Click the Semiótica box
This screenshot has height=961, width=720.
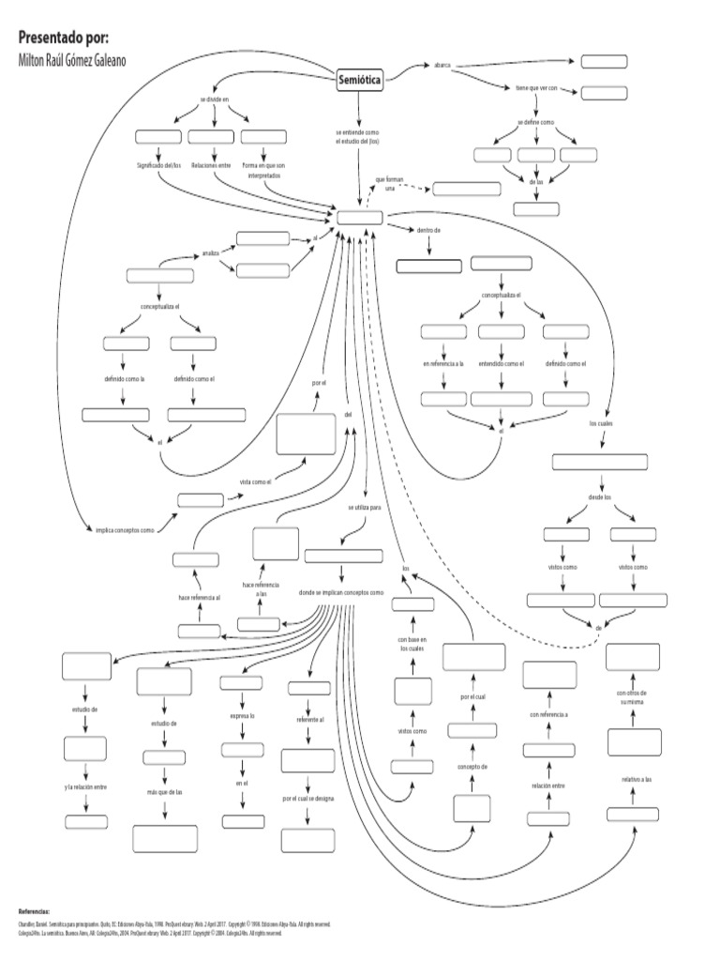click(359, 81)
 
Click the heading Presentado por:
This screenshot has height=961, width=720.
click(64, 38)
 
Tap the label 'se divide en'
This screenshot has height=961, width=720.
click(214, 99)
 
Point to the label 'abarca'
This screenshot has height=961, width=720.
click(442, 65)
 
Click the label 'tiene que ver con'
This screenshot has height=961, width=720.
click(536, 87)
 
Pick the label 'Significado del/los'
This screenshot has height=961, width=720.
click(157, 165)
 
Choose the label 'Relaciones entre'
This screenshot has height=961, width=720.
click(211, 165)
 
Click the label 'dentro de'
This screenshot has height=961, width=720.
click(428, 229)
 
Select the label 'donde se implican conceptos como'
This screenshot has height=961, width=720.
click(341, 593)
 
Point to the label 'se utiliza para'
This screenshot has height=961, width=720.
click(364, 507)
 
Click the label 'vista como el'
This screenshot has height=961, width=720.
click(256, 482)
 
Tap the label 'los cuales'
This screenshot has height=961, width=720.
click(601, 423)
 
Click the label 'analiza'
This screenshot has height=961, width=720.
click(210, 252)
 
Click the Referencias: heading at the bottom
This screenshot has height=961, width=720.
click(34, 910)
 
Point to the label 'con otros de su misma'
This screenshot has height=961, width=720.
click(633, 696)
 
